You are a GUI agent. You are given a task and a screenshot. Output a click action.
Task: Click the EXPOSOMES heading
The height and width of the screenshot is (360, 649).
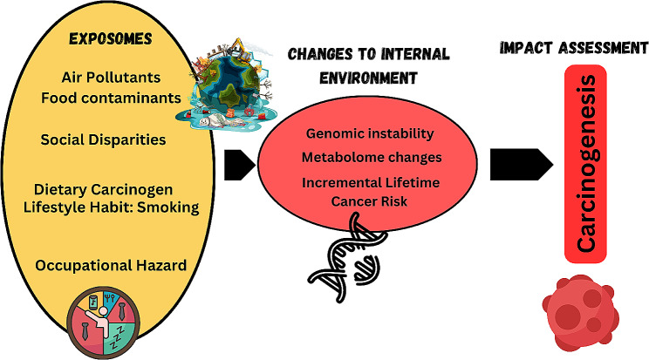pos(111,40)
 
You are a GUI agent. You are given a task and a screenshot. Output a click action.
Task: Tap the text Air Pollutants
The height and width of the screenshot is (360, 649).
pos(110,78)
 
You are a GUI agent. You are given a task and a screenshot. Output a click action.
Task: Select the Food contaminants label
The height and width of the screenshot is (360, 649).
pos(110,96)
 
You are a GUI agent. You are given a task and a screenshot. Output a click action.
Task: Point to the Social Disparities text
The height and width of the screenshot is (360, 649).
pos(104,139)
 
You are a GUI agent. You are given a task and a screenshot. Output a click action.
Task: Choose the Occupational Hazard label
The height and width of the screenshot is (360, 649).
pos(111,264)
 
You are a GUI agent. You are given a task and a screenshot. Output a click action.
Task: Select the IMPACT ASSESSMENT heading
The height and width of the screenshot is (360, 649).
pos(573,49)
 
